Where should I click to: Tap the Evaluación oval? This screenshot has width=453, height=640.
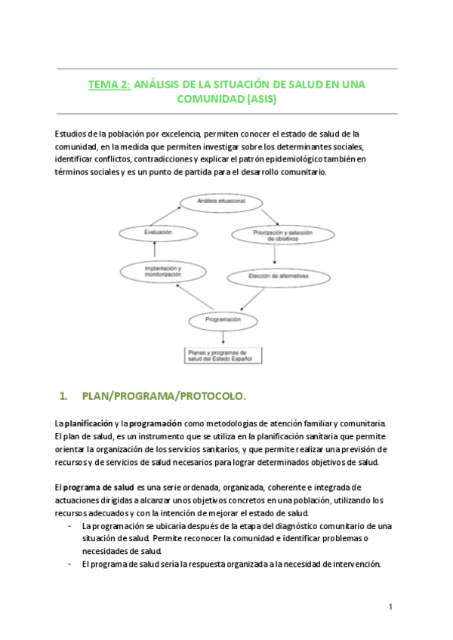[158, 234]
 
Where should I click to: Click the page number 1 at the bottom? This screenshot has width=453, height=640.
[390, 606]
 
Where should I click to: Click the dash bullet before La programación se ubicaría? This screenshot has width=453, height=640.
[69, 526]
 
